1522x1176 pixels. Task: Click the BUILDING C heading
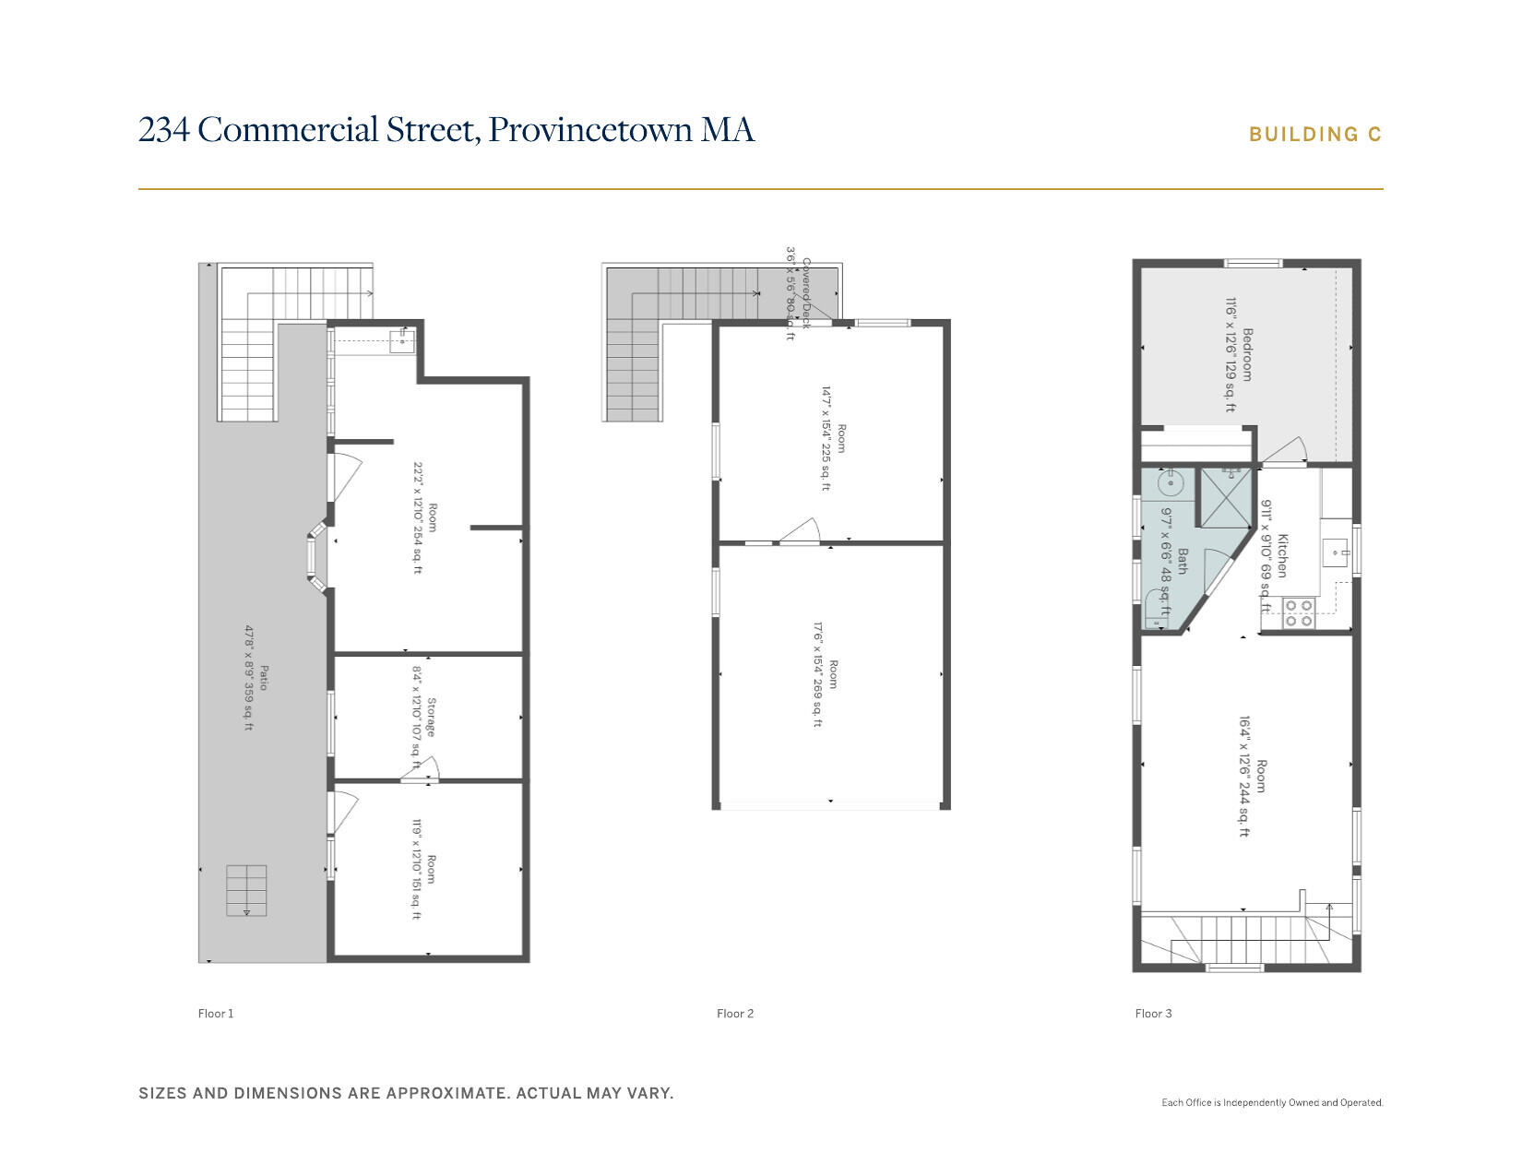point(1314,135)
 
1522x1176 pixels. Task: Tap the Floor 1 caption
point(216,1014)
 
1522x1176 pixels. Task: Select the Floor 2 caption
point(735,1014)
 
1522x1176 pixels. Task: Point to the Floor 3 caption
point(1153,1014)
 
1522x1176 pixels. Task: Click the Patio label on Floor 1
point(263,678)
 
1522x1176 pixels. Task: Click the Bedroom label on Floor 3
point(1247,354)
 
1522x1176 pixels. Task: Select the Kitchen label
point(1282,555)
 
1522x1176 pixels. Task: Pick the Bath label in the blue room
point(1182,562)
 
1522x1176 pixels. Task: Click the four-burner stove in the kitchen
point(1299,613)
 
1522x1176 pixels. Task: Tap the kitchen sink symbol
point(1336,553)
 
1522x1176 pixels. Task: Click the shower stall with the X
point(1225,498)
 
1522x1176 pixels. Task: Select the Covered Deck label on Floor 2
point(805,293)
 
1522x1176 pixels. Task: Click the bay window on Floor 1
point(315,557)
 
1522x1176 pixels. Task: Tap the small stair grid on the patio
point(246,890)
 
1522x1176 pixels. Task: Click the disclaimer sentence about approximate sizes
point(406,1093)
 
